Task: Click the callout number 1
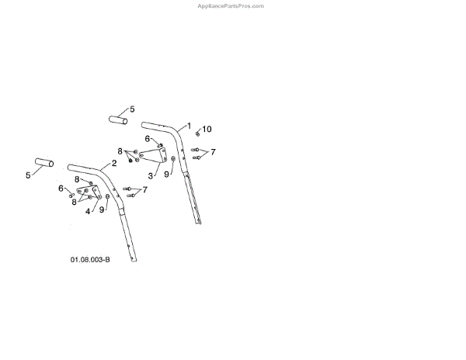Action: click(x=187, y=126)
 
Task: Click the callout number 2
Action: click(x=113, y=163)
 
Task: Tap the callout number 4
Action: click(x=89, y=210)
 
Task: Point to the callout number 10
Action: click(x=207, y=128)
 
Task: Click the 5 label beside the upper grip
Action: click(x=132, y=109)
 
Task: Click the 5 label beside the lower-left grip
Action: click(x=28, y=175)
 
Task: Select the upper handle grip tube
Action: click(x=116, y=121)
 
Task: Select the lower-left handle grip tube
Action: click(x=43, y=163)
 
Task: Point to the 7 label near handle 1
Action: click(x=213, y=151)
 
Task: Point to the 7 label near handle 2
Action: click(x=144, y=189)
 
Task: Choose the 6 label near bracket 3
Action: click(x=147, y=139)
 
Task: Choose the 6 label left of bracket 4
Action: click(x=61, y=188)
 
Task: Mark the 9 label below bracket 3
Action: click(x=166, y=175)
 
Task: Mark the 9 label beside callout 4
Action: click(x=101, y=209)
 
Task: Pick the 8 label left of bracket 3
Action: click(x=120, y=151)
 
